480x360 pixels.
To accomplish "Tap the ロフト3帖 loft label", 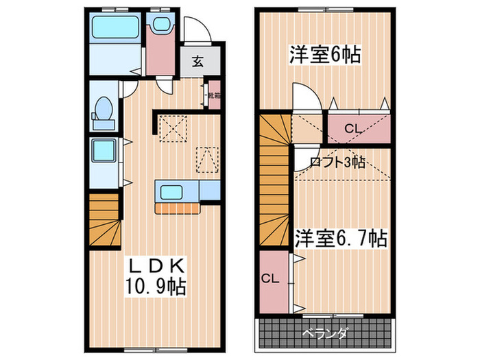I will (x=337, y=163).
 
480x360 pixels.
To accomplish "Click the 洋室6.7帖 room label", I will (x=341, y=239).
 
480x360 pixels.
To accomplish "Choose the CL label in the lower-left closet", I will (x=270, y=278).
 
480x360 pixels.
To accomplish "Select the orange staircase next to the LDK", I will (x=104, y=219).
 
